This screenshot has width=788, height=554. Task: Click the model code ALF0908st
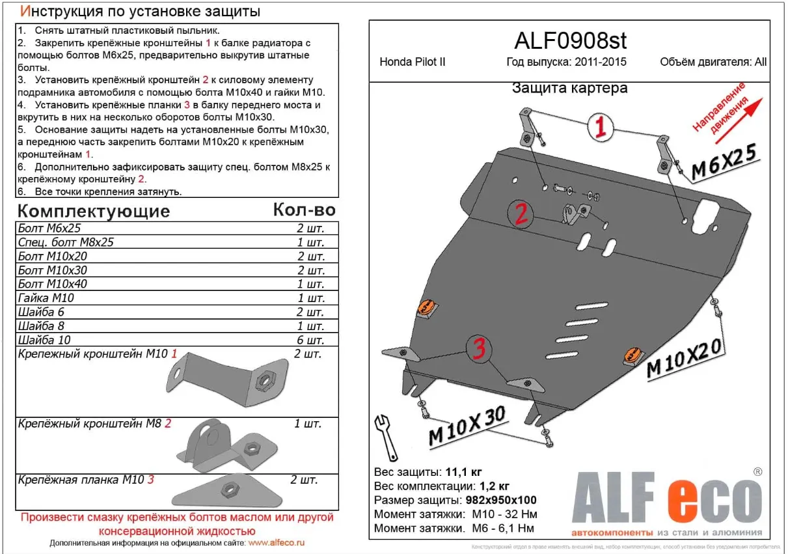[570, 41]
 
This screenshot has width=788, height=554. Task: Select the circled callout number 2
[521, 213]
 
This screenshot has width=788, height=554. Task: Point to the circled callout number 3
[479, 350]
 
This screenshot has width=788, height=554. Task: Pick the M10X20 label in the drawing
[685, 358]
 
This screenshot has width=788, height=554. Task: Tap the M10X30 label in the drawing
[467, 426]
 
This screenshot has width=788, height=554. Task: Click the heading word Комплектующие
[93, 211]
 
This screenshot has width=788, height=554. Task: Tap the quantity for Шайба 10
[311, 340]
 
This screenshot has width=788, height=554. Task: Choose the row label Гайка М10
[46, 298]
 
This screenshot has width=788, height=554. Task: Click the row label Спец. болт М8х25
[66, 242]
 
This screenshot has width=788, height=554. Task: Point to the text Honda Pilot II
[413, 62]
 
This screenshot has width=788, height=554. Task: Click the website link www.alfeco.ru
[277, 542]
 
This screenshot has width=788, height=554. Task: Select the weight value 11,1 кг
[464, 472]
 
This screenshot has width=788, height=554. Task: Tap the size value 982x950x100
[502, 501]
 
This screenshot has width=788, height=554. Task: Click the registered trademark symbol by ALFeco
[757, 471]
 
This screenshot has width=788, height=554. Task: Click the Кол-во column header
[304, 210]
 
